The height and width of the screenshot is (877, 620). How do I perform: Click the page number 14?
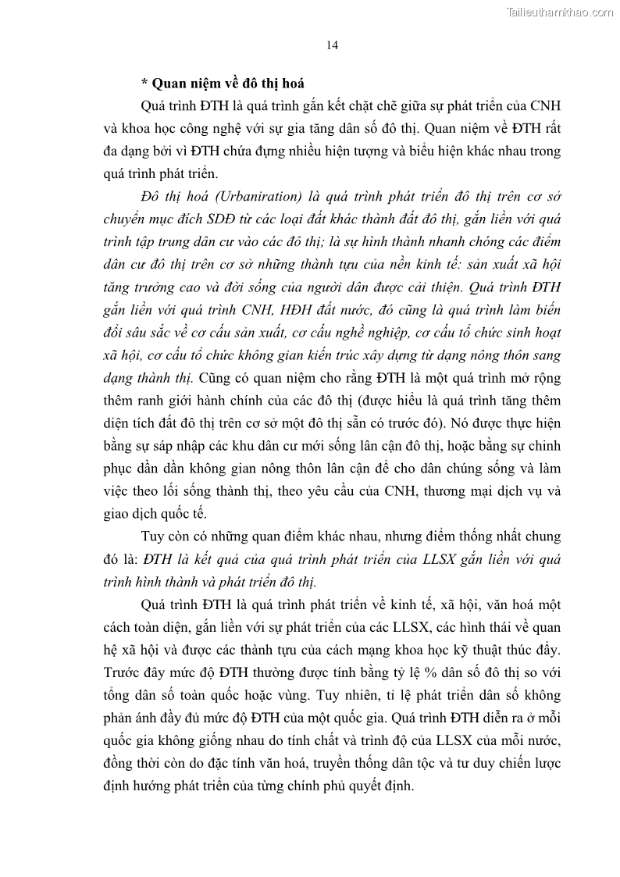(332, 45)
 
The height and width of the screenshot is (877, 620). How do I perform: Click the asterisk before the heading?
(144, 84)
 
